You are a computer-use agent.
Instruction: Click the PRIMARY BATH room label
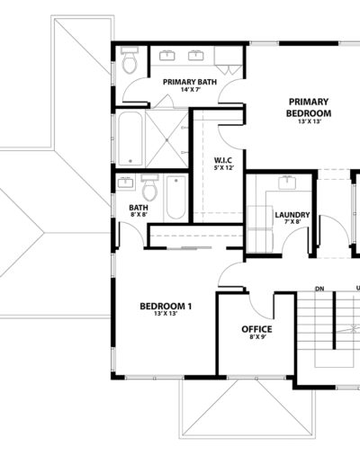point(190,82)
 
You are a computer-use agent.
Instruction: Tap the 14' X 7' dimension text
point(191,89)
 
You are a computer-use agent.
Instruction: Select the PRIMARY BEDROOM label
point(309,108)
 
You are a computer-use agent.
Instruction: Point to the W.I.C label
point(223,160)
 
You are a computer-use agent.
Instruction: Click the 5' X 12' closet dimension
point(224,168)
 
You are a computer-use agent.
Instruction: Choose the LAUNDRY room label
point(292,215)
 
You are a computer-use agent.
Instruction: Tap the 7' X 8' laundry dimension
point(292,222)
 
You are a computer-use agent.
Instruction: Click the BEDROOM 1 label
point(166,307)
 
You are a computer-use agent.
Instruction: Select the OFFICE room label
point(256,329)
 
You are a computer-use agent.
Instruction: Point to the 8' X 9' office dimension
point(258,336)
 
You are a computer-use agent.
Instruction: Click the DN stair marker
point(319,289)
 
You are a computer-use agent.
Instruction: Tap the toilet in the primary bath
point(130,60)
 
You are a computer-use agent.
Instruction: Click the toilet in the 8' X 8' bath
point(149,188)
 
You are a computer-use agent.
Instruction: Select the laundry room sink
point(287,183)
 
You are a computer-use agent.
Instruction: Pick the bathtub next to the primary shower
point(130,138)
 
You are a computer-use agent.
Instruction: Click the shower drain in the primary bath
point(166,139)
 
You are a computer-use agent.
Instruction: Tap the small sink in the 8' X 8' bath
point(125,183)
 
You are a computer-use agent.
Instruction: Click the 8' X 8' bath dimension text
point(139,214)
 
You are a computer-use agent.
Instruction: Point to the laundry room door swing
point(295,236)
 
